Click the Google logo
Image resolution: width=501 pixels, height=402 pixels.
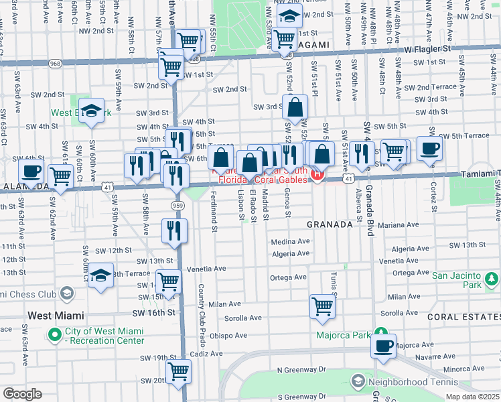coord(21,394)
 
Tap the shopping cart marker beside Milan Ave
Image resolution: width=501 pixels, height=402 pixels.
coord(322,307)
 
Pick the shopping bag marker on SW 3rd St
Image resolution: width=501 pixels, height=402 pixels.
coord(295,107)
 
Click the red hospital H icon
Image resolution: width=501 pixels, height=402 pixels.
coord(317,176)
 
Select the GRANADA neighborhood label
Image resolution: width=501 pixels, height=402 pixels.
coord(330,225)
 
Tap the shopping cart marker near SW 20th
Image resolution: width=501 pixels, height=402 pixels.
coord(178,371)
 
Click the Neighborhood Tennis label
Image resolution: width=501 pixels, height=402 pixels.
coord(408,381)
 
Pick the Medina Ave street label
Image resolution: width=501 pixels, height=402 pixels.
coord(290,241)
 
